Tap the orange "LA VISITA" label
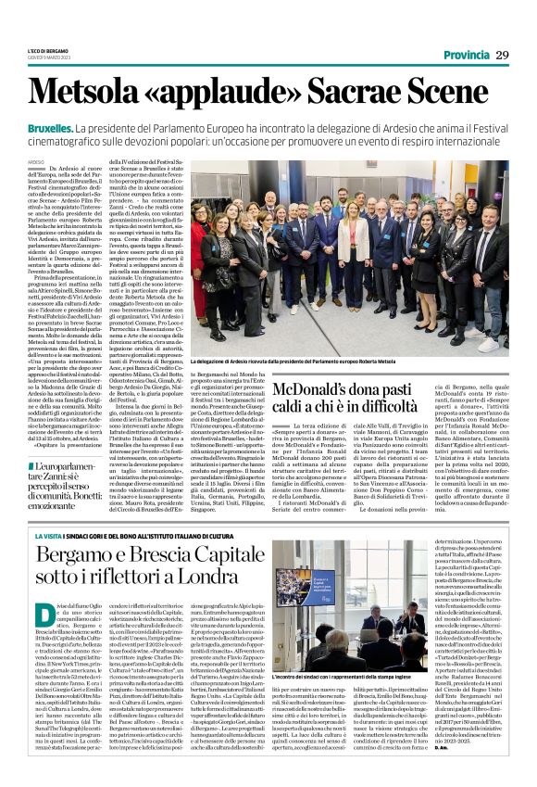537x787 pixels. (45, 536)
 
